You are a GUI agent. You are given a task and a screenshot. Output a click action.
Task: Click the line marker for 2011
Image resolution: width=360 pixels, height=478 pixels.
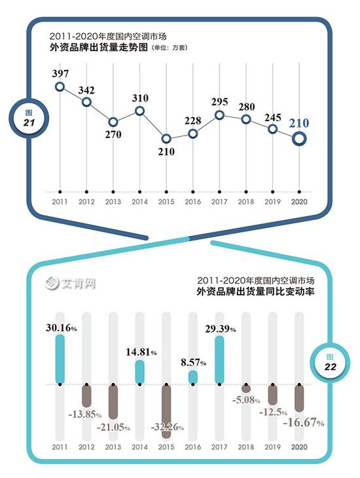click(60, 86)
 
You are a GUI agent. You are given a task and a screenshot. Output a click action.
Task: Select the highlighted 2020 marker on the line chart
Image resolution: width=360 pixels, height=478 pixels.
click(299, 138)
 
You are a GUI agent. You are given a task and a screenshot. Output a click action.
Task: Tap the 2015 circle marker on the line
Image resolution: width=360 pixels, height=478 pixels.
click(166, 139)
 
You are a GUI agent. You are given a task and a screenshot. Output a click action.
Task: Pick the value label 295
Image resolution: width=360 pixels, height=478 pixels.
click(220, 101)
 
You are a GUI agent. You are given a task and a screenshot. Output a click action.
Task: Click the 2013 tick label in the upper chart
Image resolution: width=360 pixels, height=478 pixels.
click(113, 202)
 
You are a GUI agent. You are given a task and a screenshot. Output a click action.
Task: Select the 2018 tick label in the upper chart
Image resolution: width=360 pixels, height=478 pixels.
click(246, 202)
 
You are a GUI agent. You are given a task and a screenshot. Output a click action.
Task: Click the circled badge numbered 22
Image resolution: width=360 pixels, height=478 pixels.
click(331, 363)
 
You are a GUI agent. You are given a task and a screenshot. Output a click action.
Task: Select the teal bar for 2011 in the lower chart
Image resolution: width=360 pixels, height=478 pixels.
click(60, 359)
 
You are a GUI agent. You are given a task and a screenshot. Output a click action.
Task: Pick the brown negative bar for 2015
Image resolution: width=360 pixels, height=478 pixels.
click(166, 411)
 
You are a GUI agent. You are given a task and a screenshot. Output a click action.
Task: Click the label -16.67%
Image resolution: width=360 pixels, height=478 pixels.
click(304, 424)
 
